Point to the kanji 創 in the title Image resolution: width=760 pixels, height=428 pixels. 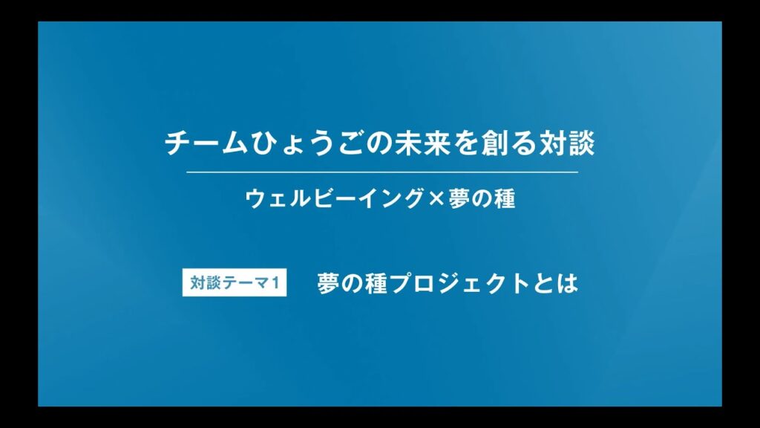point(493,143)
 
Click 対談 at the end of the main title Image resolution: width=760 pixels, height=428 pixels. point(565,143)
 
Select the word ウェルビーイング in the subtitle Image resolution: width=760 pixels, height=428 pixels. point(334,199)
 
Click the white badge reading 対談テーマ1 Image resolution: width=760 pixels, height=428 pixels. point(234,285)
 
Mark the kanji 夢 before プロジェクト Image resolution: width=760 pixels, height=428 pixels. point(329,285)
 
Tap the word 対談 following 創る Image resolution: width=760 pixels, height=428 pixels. point(565,143)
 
